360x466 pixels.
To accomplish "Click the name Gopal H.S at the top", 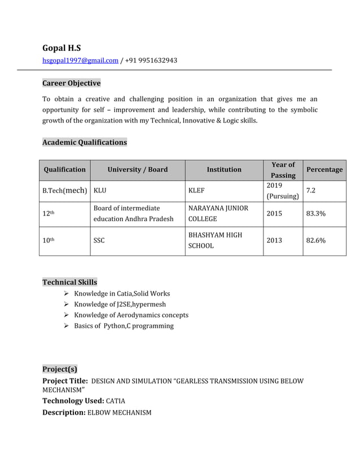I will coord(62,48).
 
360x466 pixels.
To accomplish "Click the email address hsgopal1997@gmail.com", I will coord(80,60).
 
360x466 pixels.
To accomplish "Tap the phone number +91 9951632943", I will coord(151,60).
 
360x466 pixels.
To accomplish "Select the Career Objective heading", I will coord(71,83).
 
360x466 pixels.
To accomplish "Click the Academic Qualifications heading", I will coord(85,142).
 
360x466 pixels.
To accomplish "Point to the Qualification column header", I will coord(64,169).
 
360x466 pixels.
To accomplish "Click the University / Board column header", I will coord(137,169).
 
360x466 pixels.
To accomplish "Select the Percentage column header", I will coord(324,169).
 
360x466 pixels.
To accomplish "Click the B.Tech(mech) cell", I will coord(64,191).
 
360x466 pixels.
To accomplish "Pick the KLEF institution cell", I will coord(196,191).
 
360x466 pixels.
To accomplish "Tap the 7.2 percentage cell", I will coord(311,191).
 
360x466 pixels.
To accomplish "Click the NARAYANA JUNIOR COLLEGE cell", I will coord(218,214).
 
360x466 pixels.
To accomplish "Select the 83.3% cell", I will coord(315,214).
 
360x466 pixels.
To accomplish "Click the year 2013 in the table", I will coord(274,240).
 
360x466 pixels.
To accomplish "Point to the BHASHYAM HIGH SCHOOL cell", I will coord(215,240).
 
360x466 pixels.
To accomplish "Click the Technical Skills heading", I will coord(69,282).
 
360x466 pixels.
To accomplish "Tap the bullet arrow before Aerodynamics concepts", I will coord(67,315).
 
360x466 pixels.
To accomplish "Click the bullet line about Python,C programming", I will coord(124,326).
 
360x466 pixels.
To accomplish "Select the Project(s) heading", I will coord(60,370).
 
